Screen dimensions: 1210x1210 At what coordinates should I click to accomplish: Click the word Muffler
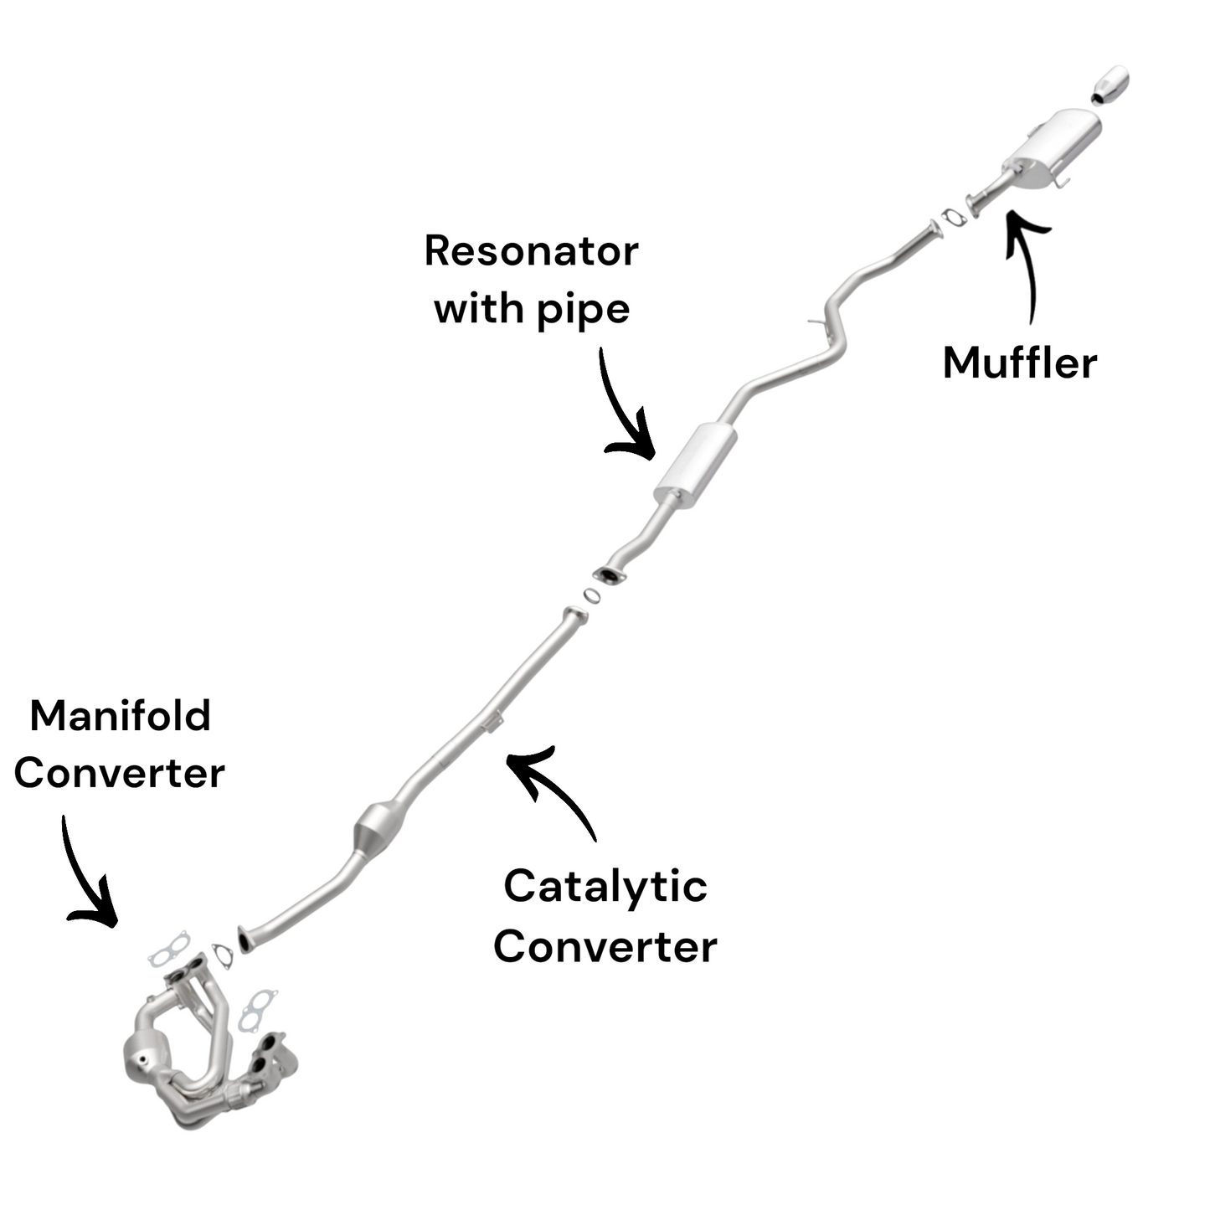click(x=1019, y=363)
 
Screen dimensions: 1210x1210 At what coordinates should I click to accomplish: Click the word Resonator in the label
click(x=531, y=251)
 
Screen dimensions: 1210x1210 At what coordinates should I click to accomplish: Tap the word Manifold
click(x=120, y=716)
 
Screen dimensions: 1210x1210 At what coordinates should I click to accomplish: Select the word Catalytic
click(x=605, y=887)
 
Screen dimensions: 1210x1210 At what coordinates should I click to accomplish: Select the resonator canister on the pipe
click(x=695, y=466)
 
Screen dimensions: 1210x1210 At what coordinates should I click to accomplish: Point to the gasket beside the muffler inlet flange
click(x=953, y=217)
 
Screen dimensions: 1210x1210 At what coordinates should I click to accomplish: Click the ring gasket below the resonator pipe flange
click(x=591, y=595)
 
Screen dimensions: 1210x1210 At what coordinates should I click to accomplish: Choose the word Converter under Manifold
click(x=120, y=773)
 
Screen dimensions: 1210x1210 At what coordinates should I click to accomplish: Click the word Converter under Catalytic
click(x=605, y=946)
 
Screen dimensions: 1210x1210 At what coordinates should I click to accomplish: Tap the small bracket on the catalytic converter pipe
click(x=494, y=720)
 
